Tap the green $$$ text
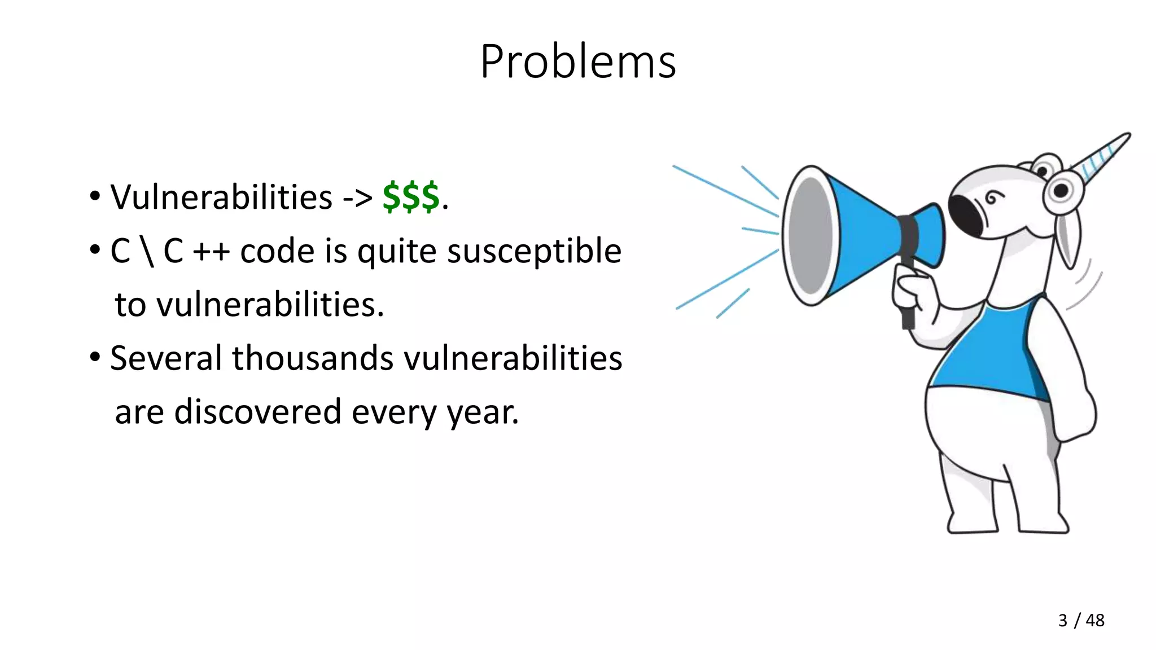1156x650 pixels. click(410, 197)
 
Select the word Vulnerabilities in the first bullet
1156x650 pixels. click(221, 197)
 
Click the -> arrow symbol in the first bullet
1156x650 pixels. click(357, 198)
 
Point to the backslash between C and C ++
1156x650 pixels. click(147, 251)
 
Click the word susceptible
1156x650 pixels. click(534, 251)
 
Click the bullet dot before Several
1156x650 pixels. click(95, 357)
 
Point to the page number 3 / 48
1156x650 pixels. click(1081, 620)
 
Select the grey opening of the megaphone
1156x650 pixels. click(812, 236)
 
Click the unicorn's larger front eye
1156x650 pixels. click(1060, 191)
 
